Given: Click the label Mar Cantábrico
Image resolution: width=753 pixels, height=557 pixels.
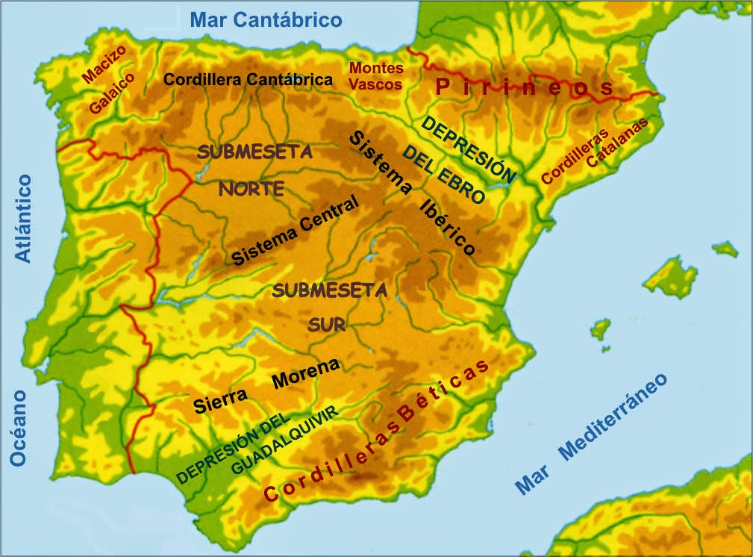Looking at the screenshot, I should point(266,20).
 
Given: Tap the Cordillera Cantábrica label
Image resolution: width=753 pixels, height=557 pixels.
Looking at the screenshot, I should point(248,79).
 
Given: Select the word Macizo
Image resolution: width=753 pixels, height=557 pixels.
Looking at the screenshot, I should point(104,65).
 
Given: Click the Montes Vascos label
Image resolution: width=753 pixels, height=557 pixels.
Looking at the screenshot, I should point(376,76).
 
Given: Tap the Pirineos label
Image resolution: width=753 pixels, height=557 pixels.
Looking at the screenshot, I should point(525,88).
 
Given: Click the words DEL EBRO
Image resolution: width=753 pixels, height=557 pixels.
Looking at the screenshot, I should point(443,176).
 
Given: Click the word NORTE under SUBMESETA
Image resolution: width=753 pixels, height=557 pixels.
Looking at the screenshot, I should point(251,189).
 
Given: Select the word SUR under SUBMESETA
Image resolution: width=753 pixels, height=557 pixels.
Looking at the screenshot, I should point(327,325).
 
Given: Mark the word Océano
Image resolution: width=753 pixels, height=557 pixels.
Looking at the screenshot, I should point(18,429).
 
